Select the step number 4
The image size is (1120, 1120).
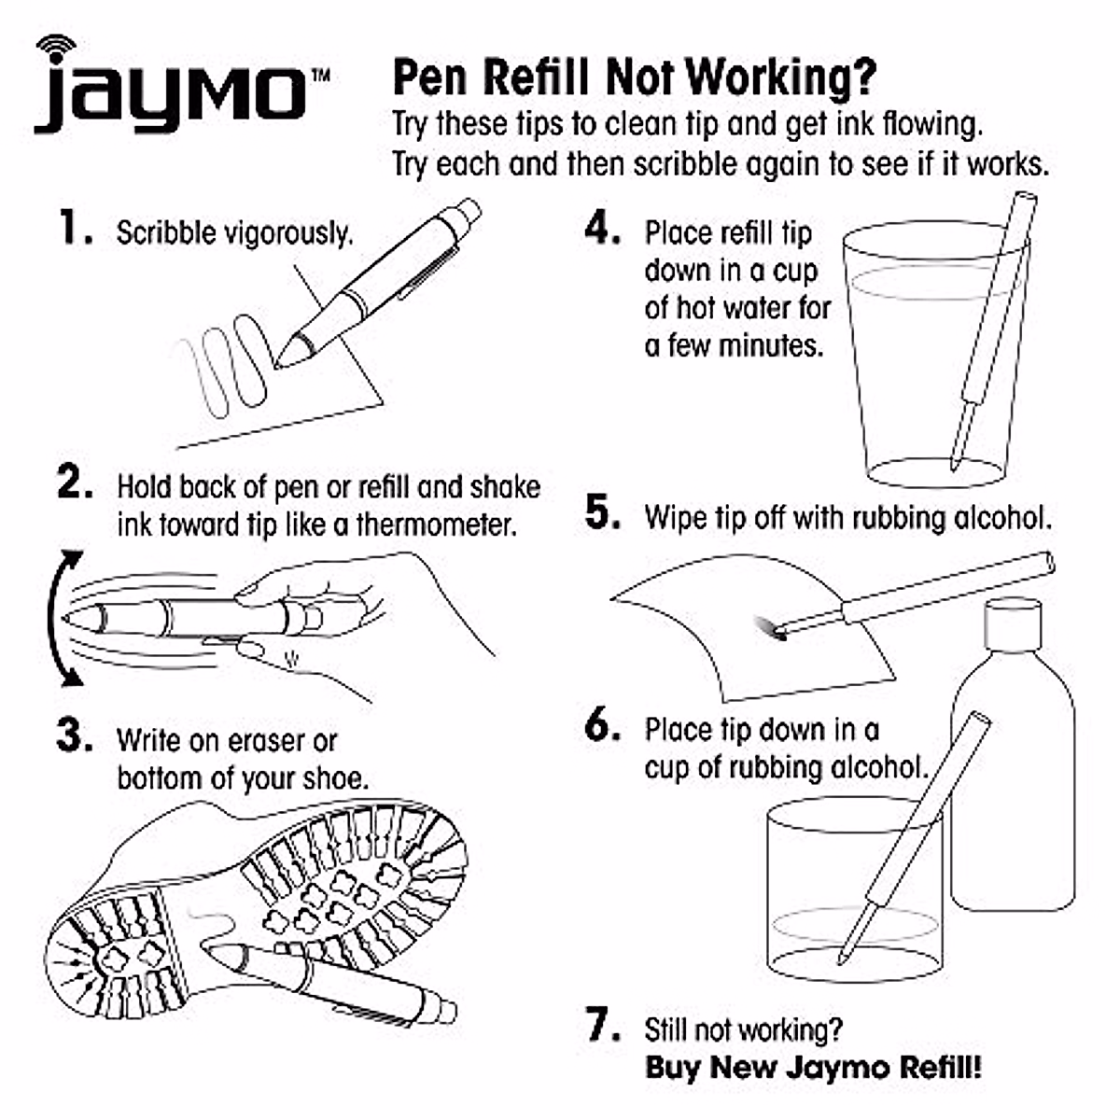coord(601,229)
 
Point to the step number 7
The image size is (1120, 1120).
coord(602,1027)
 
